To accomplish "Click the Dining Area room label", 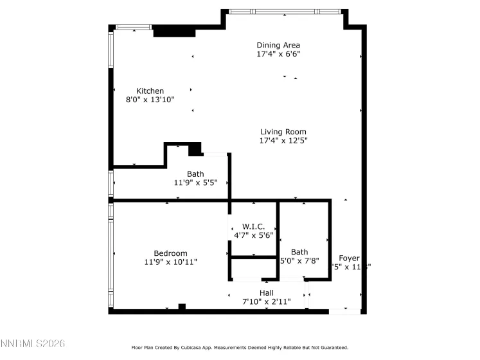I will coord(278,45).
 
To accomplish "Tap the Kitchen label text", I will coord(150,91).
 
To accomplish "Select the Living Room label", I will coord(283,132).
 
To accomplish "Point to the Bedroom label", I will coord(170,253).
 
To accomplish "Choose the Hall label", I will coord(267,292).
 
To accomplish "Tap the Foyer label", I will coord(350,258).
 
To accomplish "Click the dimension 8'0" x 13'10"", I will coord(150,100).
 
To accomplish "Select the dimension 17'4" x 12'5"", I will coord(283,140).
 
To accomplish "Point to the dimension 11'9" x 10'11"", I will coord(170,262).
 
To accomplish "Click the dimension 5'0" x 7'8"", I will coord(299,260).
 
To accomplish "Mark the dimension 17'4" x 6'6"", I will coord(278,54).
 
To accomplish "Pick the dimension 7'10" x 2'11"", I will coord(267,301).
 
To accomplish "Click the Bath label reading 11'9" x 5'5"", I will coord(195,183).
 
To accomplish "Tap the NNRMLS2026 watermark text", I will coord(33,345).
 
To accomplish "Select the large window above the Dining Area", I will coord(284,12).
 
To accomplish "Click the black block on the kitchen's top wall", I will coord(173,31).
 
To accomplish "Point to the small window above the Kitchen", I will coord(134,27).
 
